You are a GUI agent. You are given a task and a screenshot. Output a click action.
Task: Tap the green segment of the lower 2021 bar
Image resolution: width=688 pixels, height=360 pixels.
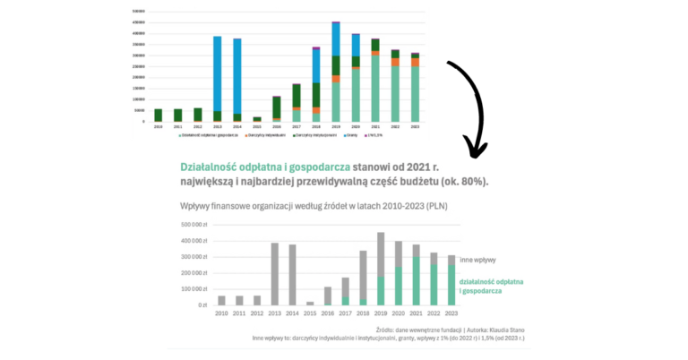point(415,281)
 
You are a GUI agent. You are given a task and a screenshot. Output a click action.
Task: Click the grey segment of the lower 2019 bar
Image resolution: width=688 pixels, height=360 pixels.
point(380,254)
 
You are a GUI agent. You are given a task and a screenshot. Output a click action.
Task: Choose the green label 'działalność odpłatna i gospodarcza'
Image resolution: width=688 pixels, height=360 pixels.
point(491,287)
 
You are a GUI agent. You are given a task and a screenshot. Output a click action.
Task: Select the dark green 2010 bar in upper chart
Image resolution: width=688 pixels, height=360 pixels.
point(158,115)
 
